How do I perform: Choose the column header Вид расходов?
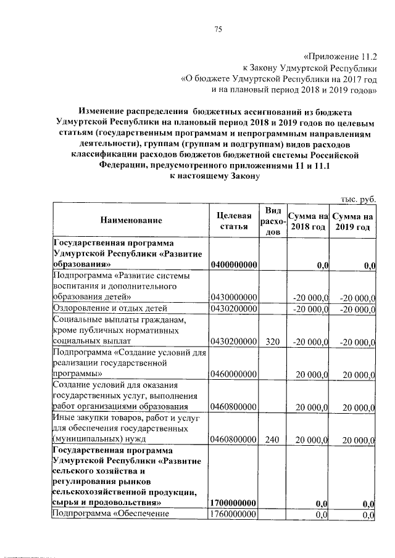pyautogui.click(x=272, y=220)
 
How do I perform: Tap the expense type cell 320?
pyautogui.click(x=272, y=340)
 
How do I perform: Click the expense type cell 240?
pyautogui.click(x=272, y=440)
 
